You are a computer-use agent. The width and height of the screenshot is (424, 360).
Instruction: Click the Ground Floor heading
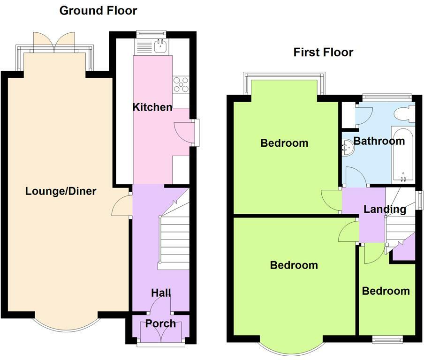pyautogui.click(x=98, y=11)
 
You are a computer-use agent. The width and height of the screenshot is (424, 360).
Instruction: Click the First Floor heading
pyautogui.click(x=324, y=52)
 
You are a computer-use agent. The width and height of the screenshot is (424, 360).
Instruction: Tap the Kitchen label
pyautogui.click(x=152, y=107)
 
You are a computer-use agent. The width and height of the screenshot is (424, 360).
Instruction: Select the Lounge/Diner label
pyautogui.click(x=61, y=191)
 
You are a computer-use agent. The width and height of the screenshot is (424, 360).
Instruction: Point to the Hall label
pyautogui.click(x=161, y=292)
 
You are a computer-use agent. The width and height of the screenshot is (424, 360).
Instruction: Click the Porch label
pyautogui.click(x=160, y=323)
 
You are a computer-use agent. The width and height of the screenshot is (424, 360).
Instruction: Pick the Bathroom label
pyautogui.click(x=379, y=141)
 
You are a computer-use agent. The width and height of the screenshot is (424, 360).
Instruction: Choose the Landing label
pyautogui.click(x=385, y=209)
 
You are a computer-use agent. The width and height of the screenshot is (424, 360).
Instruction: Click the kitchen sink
pyautogui.click(x=160, y=46)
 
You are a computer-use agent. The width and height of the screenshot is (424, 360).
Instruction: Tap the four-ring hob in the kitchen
pyautogui.click(x=181, y=84)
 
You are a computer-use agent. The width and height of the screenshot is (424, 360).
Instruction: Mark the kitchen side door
pyautogui.click(x=184, y=133)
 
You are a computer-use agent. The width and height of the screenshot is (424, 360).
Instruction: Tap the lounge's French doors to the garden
pyautogui.click(x=54, y=43)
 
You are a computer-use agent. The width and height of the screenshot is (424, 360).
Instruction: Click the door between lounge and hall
pyautogui.click(x=121, y=205)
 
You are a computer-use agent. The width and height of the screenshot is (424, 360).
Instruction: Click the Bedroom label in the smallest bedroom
pyautogui.click(x=386, y=291)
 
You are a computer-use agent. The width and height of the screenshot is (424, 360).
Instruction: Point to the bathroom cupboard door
pyautogui.click(x=364, y=116)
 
